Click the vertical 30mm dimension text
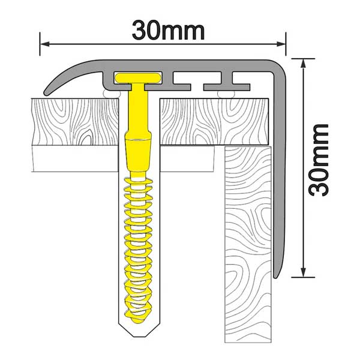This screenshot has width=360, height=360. [x=316, y=160]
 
